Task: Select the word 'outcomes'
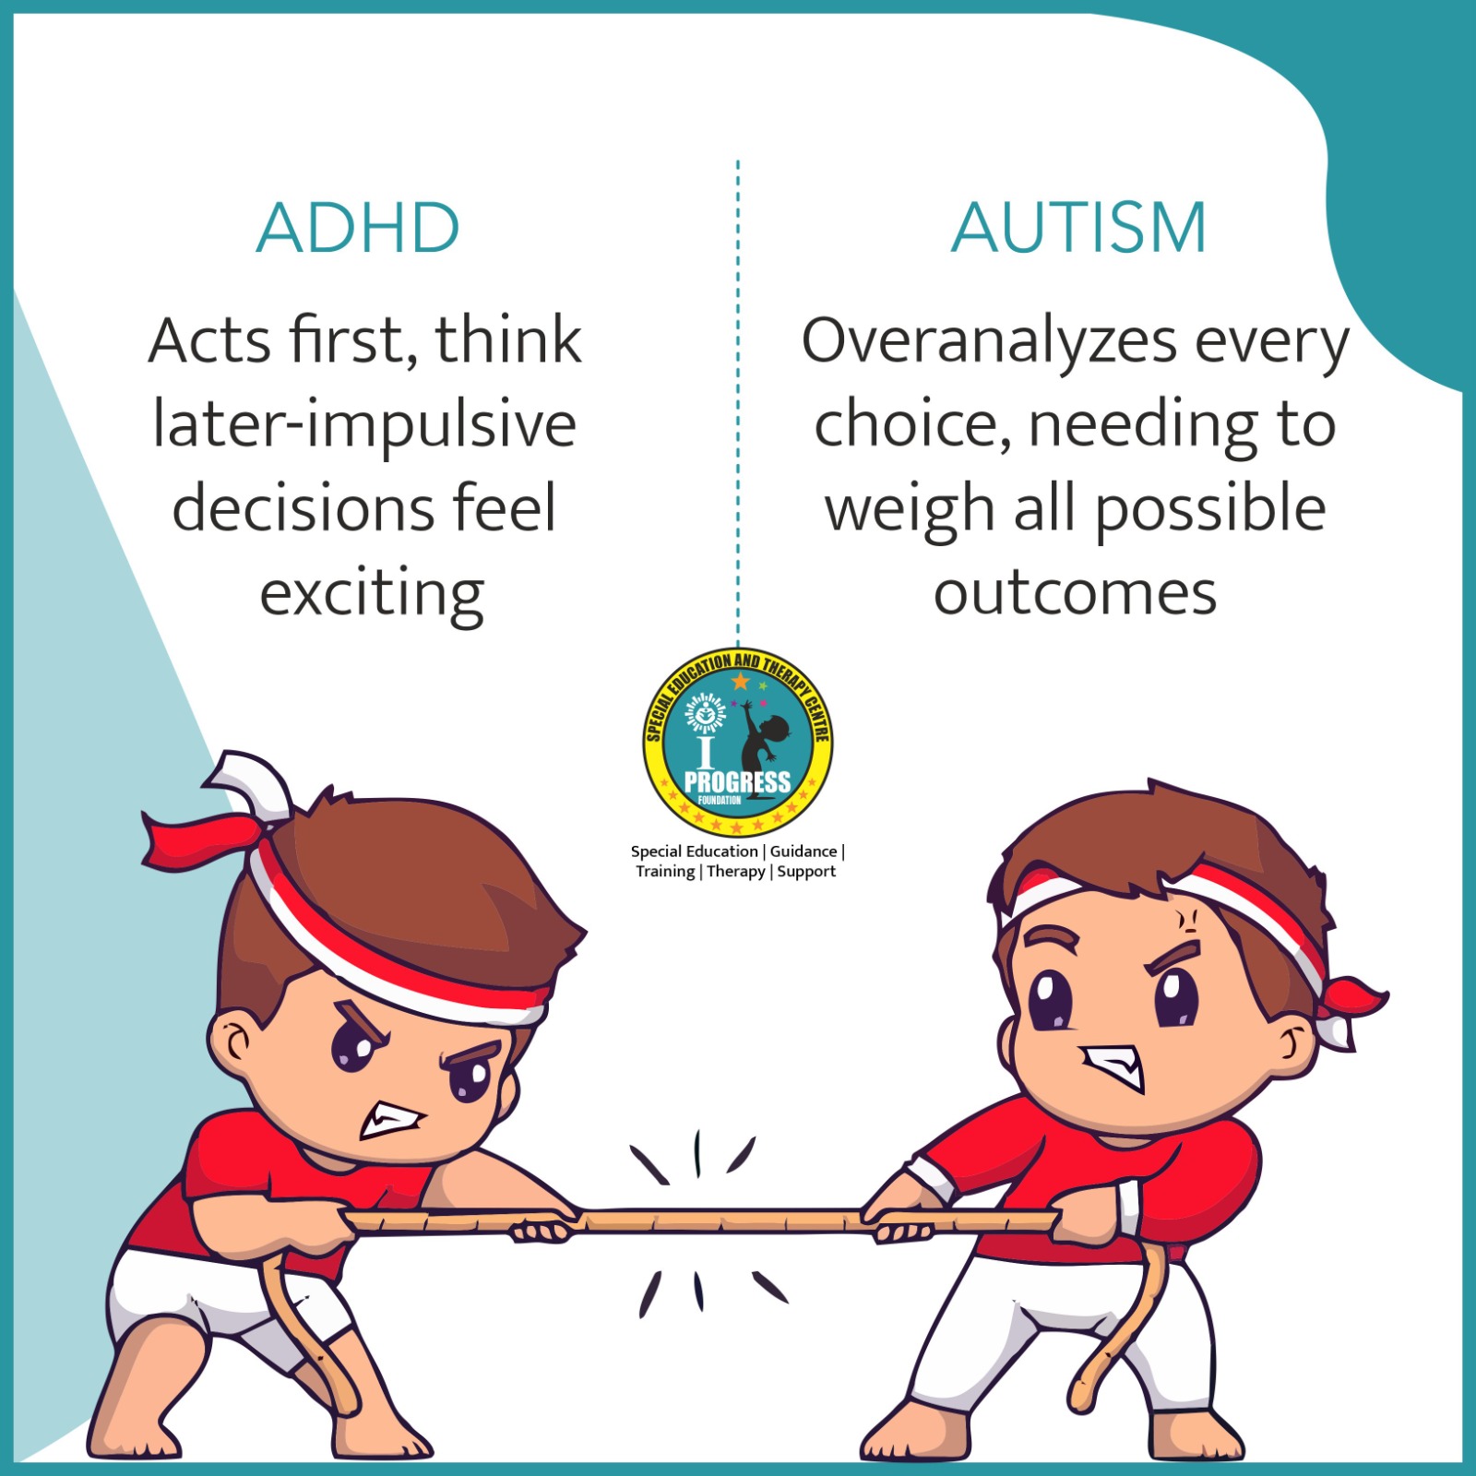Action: click(x=1075, y=594)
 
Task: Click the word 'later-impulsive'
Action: click(x=365, y=426)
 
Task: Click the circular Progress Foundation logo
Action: click(x=738, y=742)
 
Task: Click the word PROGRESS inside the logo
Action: click(x=737, y=782)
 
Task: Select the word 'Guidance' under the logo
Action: click(x=803, y=851)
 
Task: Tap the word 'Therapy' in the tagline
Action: click(x=736, y=872)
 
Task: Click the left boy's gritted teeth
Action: click(x=391, y=1119)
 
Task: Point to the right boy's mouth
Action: click(x=1113, y=1066)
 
